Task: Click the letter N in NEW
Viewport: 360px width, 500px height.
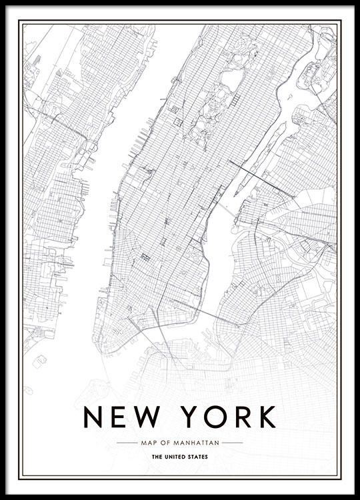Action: pos(93,417)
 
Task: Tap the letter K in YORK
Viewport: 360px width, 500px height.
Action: pos(265,417)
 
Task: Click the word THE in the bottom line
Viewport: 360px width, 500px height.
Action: pos(157,457)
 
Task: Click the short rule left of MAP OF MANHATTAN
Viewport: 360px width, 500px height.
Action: pos(127,442)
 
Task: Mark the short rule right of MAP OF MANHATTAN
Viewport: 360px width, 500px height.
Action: pos(232,442)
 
